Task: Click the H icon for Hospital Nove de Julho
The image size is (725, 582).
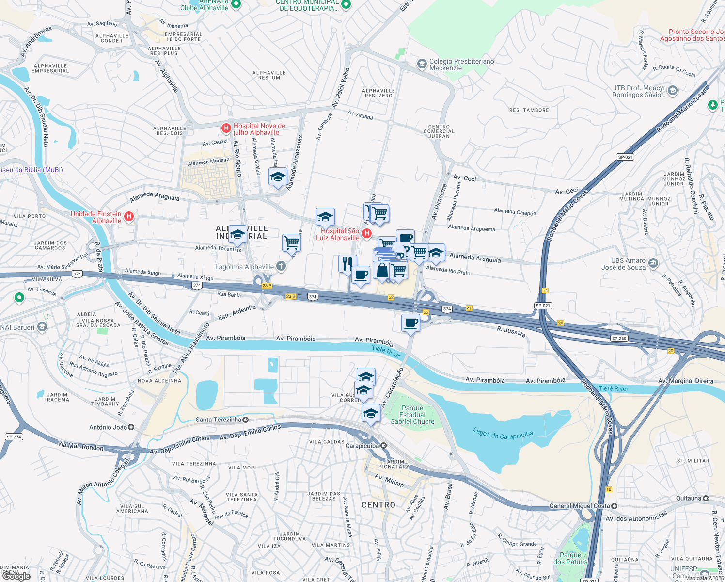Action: [x=226, y=128]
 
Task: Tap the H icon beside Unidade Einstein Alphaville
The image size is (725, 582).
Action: [x=129, y=216]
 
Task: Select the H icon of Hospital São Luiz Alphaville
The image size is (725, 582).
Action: [x=367, y=234]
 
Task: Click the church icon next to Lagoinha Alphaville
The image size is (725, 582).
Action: [x=281, y=266]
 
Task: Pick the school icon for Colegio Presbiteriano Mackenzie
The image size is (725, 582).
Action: [x=422, y=64]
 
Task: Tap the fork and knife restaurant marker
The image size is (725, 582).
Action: [x=347, y=264]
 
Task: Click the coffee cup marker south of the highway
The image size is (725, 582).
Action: [x=410, y=323]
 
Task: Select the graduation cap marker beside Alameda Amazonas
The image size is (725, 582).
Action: [x=278, y=177]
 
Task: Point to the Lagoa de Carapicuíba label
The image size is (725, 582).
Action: [x=503, y=434]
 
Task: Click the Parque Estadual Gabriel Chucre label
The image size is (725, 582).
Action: [x=412, y=415]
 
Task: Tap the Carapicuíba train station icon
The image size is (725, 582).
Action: [x=384, y=446]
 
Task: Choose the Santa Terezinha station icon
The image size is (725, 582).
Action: [x=245, y=420]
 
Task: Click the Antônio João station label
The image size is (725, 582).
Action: [x=108, y=427]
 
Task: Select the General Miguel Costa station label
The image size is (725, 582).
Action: [x=580, y=506]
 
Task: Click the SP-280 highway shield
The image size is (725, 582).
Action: [x=619, y=339]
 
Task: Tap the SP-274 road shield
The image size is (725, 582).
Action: [x=14, y=437]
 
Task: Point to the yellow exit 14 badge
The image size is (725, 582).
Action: [x=545, y=291]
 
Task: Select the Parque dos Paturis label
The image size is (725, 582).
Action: [x=570, y=558]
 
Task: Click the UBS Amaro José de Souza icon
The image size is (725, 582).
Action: [x=653, y=263]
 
